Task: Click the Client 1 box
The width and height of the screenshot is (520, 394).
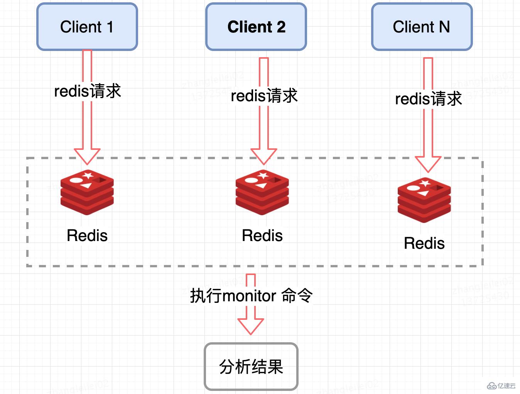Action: pos(87,27)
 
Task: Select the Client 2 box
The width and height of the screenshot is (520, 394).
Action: pos(256,27)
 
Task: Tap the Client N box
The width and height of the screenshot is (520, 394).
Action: pos(422,27)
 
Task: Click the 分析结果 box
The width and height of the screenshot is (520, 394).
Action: pos(251,366)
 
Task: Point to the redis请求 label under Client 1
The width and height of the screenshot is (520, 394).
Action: pos(88,91)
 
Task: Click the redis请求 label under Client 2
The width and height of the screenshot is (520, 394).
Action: pos(264,95)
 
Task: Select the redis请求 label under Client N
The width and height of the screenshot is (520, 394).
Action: pos(428,98)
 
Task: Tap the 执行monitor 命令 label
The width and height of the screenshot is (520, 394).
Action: pos(251,296)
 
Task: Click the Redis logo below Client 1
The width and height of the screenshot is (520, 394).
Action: pos(87,192)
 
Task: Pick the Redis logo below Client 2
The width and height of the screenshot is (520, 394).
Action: pos(262,192)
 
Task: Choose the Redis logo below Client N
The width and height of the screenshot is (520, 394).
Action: pos(424,200)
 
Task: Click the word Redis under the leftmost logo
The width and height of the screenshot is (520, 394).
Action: pos(87,235)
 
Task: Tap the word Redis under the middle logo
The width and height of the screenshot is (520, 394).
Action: pos(262,235)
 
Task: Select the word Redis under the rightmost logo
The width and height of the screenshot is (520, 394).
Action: pos(424,243)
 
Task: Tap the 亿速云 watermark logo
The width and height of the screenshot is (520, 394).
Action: pos(501,386)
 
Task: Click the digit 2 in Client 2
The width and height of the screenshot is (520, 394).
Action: pos(281,27)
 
